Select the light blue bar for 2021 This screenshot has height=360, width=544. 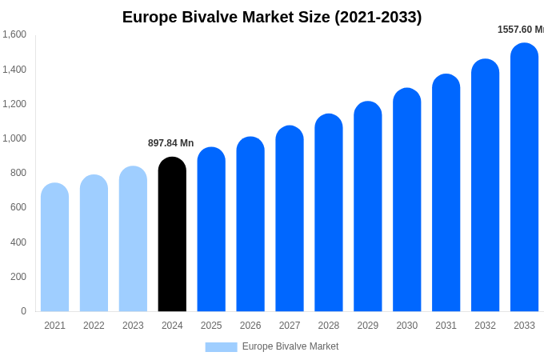tap(54, 247)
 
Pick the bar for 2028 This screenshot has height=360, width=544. tap(328, 213)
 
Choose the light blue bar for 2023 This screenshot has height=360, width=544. tap(133, 239)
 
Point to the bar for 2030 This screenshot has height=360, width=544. tap(406, 200)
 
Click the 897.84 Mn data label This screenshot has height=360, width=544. tap(170, 143)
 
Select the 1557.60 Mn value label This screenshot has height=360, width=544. tap(520, 30)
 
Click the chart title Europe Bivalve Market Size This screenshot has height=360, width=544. tap(272, 17)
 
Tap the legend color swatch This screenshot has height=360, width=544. tap(221, 347)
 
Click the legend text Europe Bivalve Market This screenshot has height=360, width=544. tap(290, 346)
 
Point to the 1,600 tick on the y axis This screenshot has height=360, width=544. tap(14, 34)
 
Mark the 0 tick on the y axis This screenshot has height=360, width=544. tap(23, 311)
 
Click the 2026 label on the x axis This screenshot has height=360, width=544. tap(250, 326)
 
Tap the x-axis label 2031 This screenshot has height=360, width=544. tap(446, 326)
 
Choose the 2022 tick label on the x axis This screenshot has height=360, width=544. tap(94, 326)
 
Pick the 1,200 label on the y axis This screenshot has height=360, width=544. tap(14, 104)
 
